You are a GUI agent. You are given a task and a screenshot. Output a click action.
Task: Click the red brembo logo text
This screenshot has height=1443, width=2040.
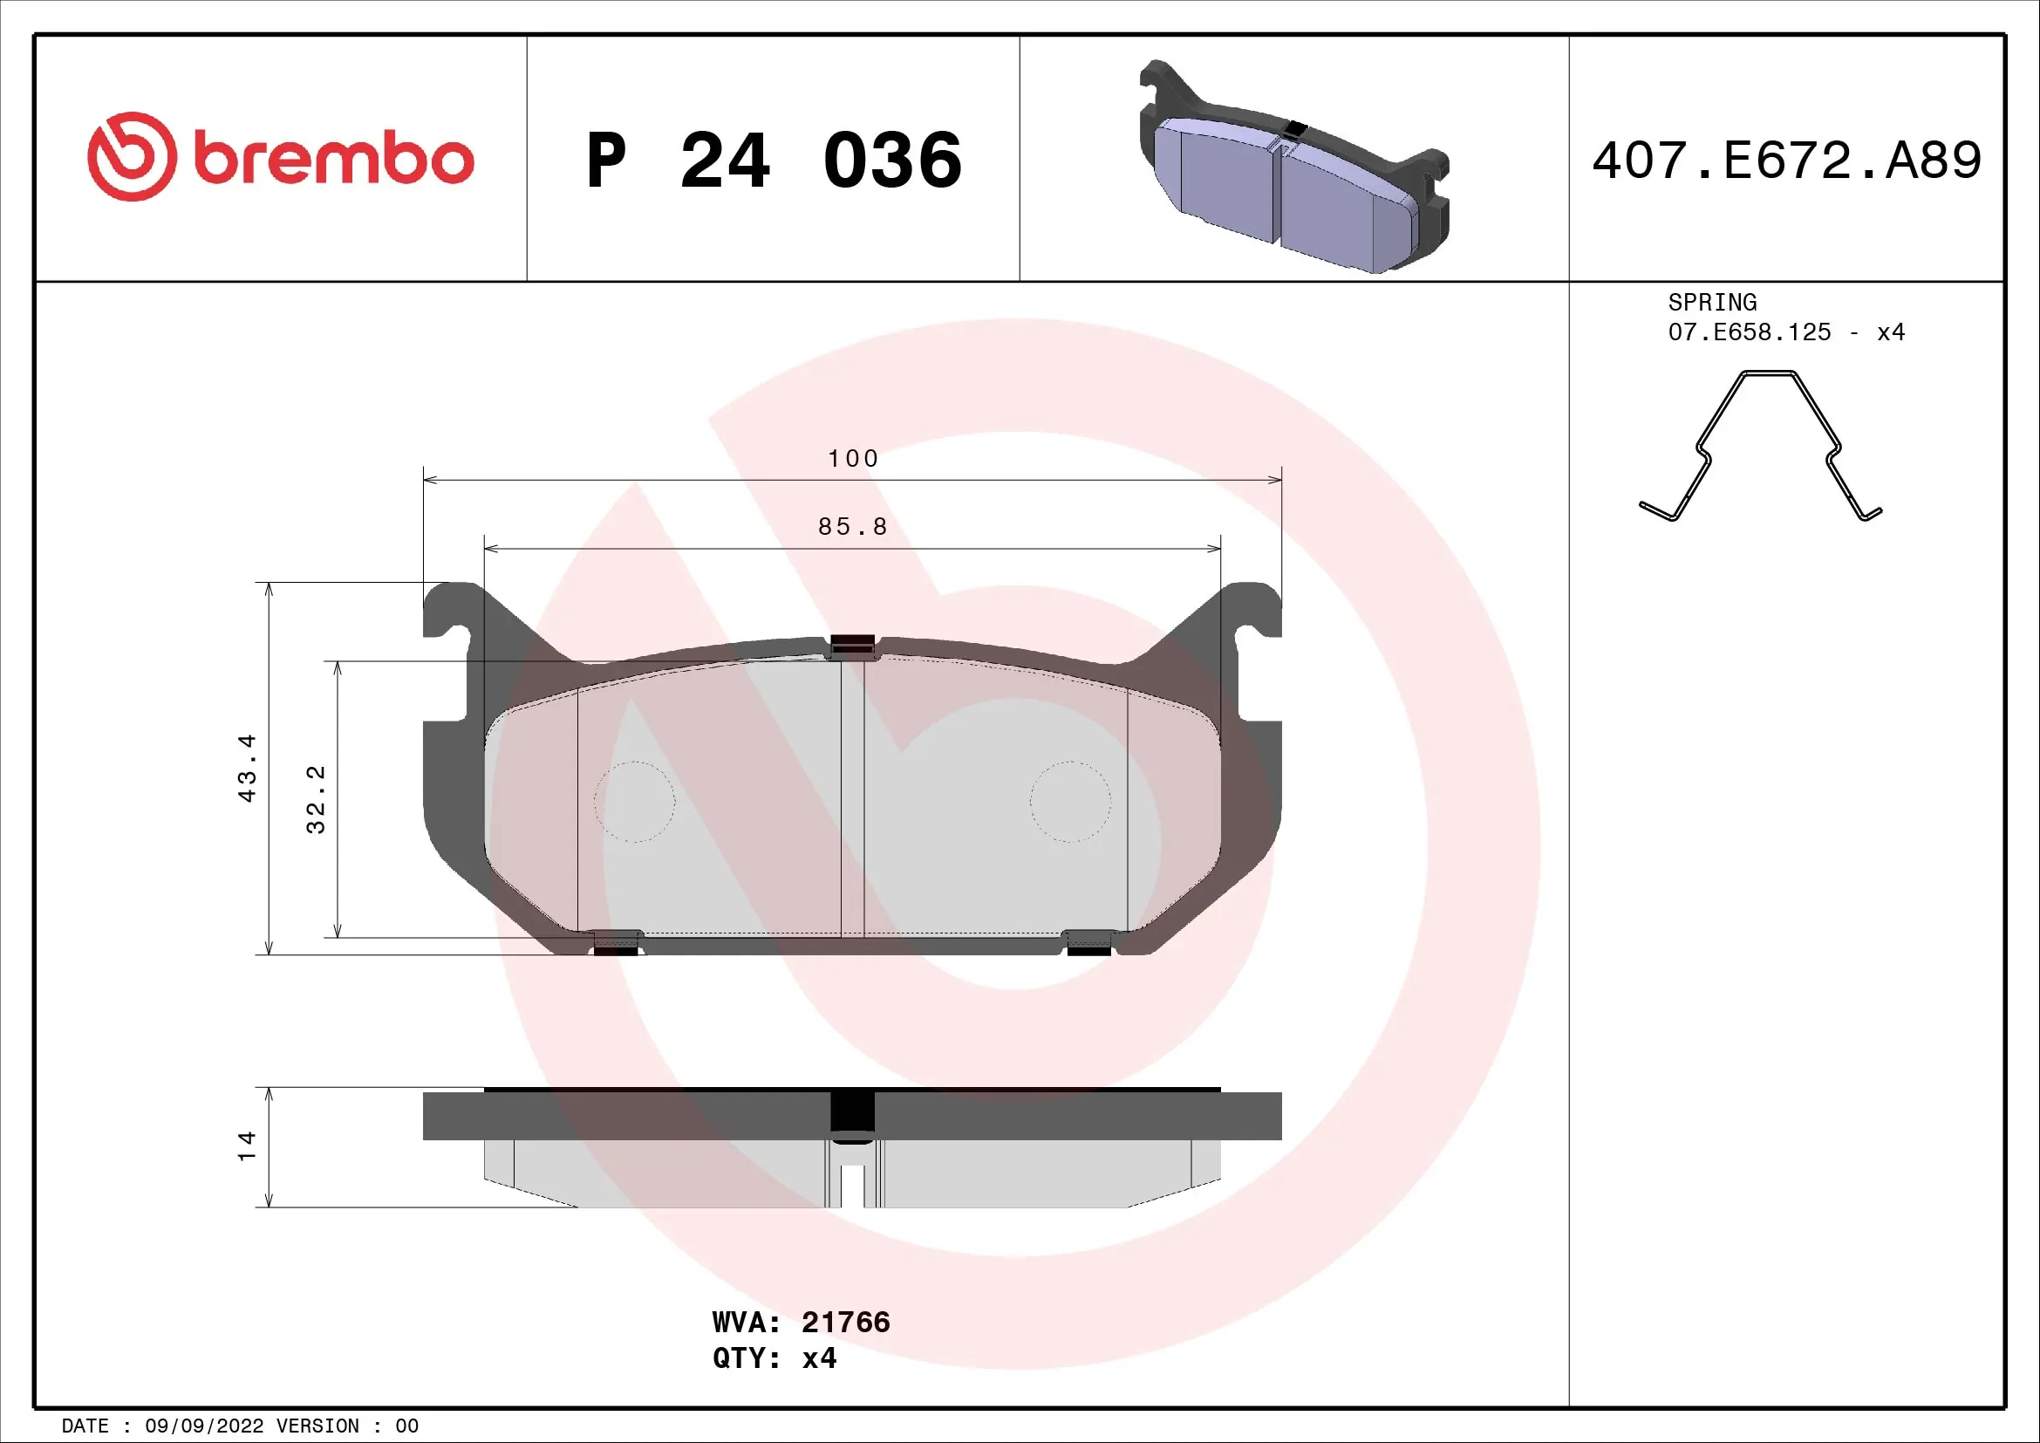point(333,160)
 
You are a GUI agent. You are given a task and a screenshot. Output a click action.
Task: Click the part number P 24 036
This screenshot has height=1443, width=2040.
point(773,161)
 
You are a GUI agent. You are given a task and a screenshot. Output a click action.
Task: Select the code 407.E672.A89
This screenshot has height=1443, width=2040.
point(1786,161)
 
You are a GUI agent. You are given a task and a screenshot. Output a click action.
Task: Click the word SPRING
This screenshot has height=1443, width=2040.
point(1711,302)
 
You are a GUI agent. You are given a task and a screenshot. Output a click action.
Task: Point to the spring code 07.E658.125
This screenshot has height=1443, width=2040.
point(1749,332)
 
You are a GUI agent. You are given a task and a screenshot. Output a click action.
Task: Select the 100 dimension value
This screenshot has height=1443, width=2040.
point(853,459)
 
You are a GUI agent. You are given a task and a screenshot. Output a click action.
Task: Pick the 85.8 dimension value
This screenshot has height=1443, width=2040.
point(853,527)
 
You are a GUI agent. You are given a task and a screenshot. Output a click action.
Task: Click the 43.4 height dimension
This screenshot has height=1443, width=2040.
point(247,769)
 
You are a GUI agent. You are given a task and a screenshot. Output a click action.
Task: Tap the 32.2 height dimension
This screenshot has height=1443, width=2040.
point(316,799)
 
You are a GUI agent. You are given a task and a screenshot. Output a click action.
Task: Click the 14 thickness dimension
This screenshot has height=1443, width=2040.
point(247,1146)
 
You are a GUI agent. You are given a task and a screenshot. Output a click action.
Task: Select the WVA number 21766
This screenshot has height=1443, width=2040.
point(845,1322)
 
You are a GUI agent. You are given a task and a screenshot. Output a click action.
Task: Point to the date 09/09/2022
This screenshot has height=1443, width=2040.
point(203,1426)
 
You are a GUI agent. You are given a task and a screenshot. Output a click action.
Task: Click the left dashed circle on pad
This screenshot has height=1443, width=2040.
point(634,802)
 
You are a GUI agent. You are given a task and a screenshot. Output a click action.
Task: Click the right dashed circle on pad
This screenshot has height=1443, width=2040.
point(1070,802)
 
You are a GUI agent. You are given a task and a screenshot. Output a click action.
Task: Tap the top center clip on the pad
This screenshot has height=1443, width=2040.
point(852,646)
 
